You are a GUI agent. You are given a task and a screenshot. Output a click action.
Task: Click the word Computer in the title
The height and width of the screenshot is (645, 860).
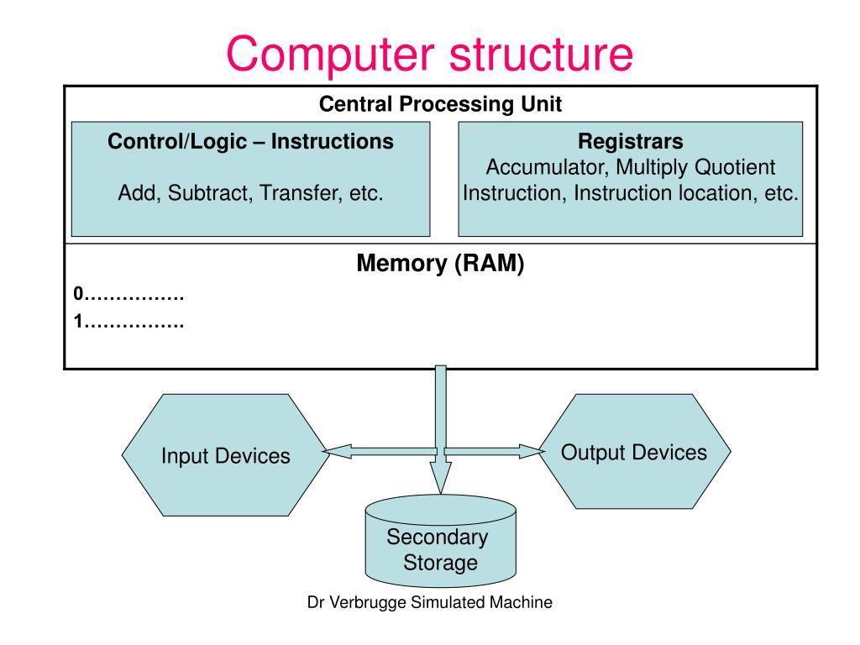[x=331, y=55]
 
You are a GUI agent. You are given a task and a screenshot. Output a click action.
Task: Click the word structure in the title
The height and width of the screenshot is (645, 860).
[x=542, y=55]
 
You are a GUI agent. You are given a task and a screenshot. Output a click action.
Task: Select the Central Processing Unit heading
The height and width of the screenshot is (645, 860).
[x=440, y=104]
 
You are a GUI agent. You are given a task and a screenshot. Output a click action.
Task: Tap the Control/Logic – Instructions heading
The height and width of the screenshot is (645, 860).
[x=250, y=141]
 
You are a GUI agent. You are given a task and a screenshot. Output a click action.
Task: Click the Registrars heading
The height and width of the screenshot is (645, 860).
[x=630, y=141]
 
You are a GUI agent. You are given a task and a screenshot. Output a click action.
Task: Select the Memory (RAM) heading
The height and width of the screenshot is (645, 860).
[x=440, y=263]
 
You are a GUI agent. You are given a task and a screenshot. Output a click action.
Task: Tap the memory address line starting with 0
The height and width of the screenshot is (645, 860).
[x=128, y=294]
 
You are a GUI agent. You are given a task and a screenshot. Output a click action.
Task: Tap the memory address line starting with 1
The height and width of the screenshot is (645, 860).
[x=128, y=322]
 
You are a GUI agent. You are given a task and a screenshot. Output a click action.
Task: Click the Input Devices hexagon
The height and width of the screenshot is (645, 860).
[x=225, y=454]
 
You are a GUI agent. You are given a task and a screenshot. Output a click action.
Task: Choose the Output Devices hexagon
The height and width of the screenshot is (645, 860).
[x=635, y=451]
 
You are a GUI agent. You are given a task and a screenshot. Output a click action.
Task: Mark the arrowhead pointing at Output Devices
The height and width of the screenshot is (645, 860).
[x=532, y=451]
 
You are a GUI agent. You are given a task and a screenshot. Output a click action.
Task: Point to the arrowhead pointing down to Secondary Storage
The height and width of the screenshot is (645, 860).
[x=440, y=477]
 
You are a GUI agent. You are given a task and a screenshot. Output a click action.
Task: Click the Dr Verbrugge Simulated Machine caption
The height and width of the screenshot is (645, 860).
[x=429, y=602]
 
